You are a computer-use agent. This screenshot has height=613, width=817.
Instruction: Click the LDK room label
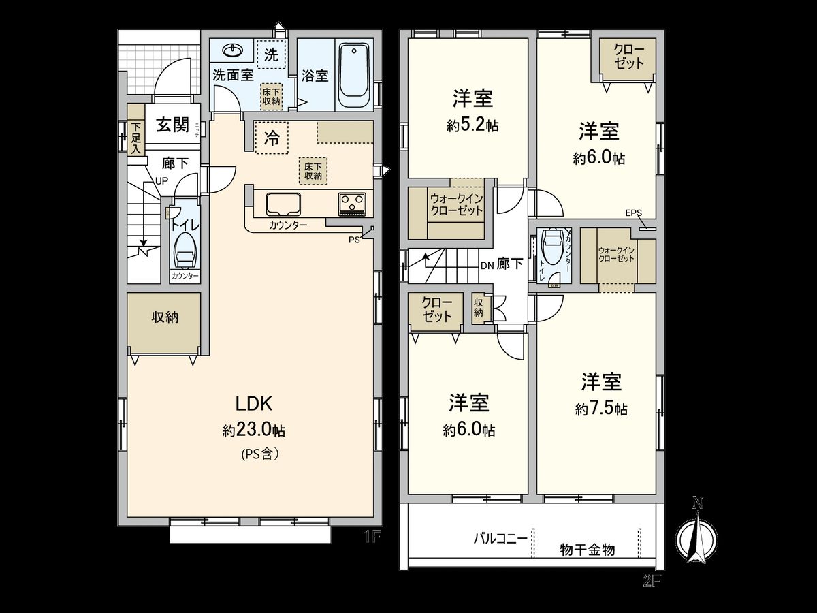coord(254,404)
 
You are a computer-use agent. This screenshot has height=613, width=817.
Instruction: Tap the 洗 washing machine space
coord(271,55)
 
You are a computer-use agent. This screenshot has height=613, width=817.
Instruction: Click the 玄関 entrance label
coord(172,125)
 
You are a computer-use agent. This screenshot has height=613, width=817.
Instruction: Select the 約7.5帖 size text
coord(600,409)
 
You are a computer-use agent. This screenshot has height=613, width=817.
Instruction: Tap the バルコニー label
coord(500,537)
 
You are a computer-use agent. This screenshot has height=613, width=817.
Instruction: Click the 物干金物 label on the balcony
coord(587,549)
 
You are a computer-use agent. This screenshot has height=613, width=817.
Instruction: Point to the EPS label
coord(633,213)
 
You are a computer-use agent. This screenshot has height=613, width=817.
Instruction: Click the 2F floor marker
coord(652,581)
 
